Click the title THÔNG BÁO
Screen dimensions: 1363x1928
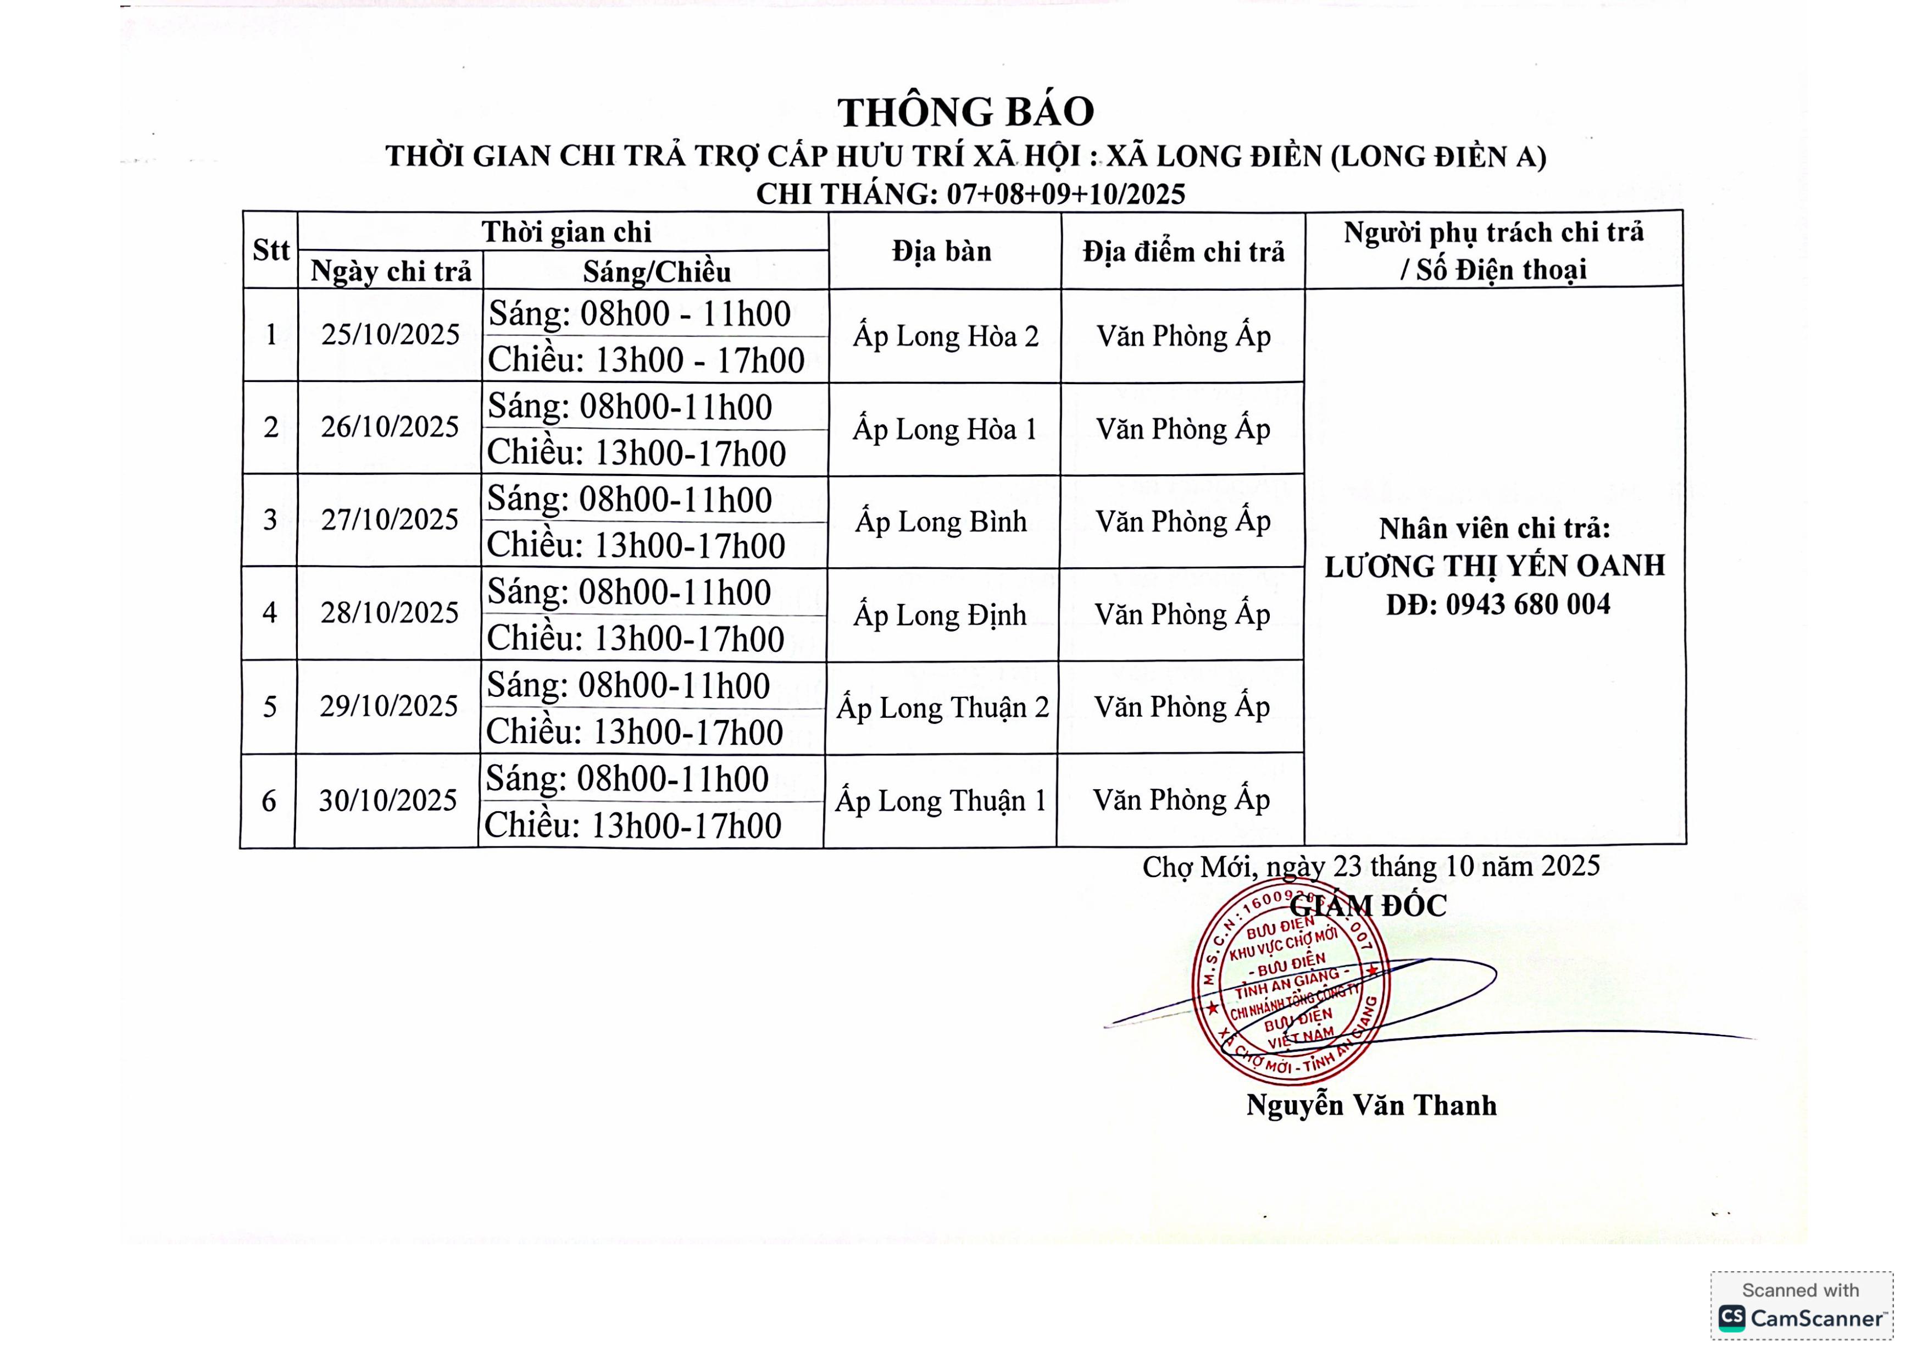[966, 112]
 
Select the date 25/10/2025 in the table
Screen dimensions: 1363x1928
[391, 335]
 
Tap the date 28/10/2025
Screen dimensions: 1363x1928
[390, 613]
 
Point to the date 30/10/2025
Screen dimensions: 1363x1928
[387, 800]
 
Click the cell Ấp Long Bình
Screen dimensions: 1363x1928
[941, 522]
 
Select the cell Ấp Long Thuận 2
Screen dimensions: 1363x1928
[942, 708]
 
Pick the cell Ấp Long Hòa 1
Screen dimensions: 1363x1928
[944, 429]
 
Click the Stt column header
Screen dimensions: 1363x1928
[270, 250]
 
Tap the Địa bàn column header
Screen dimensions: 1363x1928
[942, 250]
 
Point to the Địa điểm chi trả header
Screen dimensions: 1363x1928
[1183, 251]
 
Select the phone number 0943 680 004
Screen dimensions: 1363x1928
[1527, 605]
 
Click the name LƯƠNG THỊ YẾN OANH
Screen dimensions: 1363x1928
[1494, 567]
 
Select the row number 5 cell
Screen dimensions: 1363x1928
[270, 706]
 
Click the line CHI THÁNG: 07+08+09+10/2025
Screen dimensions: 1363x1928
[971, 194]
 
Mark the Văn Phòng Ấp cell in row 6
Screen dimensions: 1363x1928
[1181, 800]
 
